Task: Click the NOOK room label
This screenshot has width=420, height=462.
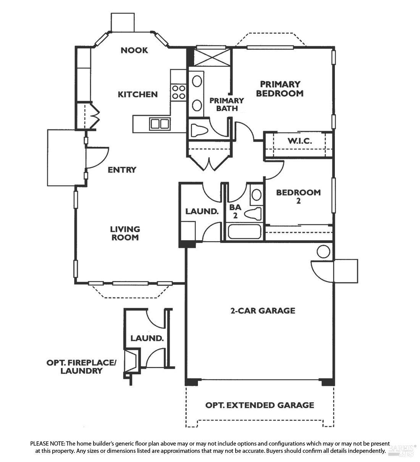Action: point(134,50)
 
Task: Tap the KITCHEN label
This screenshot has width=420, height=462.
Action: point(137,94)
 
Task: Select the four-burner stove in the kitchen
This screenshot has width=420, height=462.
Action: point(179,92)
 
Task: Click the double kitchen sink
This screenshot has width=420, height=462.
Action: point(160,124)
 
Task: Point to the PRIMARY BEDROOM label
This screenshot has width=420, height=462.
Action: point(280,89)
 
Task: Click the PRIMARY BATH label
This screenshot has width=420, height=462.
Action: point(227,104)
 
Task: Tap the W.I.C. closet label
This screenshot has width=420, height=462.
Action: point(299,141)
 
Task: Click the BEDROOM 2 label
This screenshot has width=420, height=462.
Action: point(298,196)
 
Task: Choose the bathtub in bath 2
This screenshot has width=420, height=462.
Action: point(244,232)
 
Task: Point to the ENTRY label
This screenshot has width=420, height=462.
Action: point(122,170)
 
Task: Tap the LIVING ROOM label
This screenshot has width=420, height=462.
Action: point(125,233)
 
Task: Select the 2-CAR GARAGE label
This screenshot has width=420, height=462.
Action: point(263,310)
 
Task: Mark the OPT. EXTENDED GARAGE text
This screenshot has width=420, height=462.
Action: point(260,405)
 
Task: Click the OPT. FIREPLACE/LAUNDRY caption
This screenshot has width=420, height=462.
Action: point(81,366)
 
